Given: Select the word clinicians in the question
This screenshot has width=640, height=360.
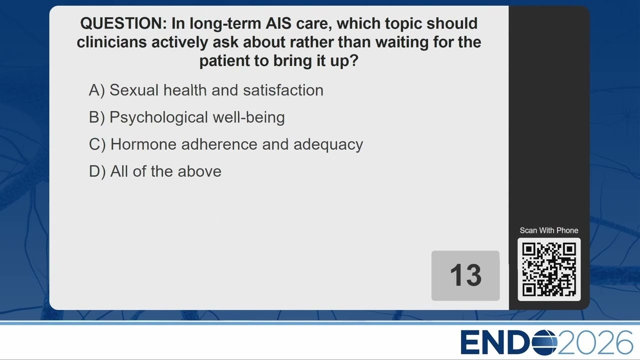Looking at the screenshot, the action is (111, 42).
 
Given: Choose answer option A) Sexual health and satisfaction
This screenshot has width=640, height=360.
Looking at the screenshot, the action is (206, 90).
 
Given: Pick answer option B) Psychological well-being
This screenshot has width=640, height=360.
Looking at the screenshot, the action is (187, 117).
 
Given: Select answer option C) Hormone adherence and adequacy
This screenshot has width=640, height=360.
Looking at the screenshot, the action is (225, 144).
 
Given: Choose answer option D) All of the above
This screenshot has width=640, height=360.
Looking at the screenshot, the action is (155, 171).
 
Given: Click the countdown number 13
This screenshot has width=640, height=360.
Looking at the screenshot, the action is (465, 275).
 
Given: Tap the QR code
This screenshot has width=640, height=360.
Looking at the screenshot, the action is (549, 269).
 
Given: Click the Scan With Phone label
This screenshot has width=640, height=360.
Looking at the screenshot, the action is (549, 230).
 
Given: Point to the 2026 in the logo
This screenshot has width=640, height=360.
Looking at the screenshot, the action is (595, 342).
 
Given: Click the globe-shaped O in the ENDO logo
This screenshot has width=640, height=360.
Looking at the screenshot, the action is (544, 342).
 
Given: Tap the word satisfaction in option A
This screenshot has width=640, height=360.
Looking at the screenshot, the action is (283, 90).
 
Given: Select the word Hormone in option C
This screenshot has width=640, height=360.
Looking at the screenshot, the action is (143, 144).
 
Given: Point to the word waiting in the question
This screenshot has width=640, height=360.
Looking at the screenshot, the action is (402, 42).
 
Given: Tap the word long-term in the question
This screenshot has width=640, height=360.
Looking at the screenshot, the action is (225, 23).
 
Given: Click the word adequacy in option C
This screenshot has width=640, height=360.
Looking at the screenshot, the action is (328, 144).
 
